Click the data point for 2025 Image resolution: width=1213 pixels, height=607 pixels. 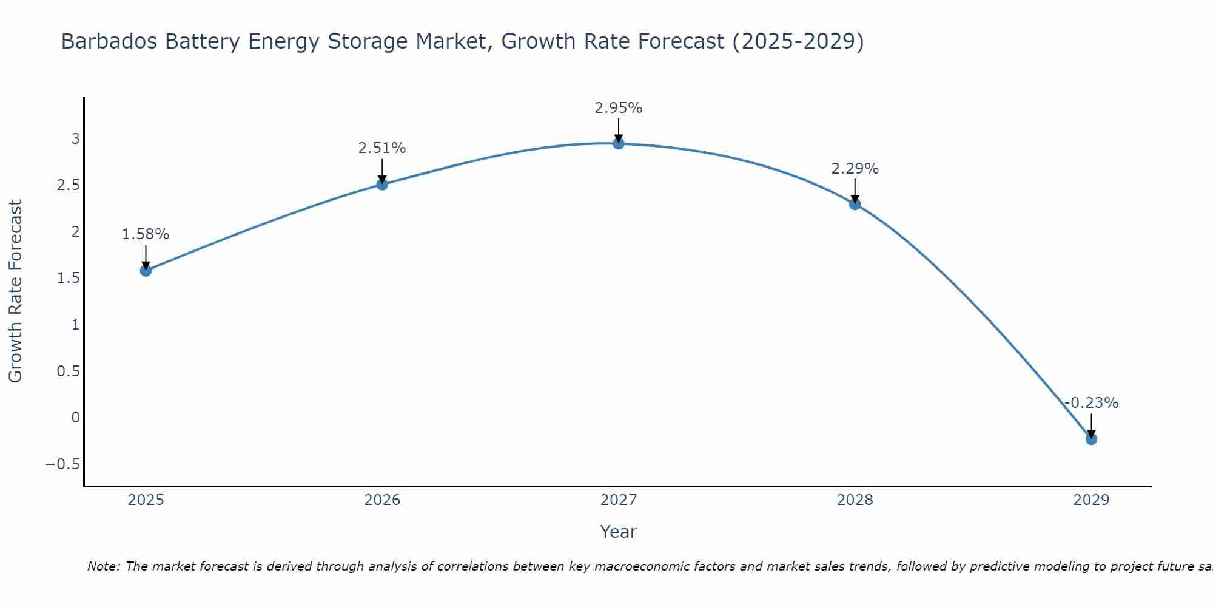[146, 270]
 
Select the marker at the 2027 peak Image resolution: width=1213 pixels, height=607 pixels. [618, 143]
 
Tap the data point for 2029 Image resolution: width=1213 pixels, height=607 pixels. [1091, 439]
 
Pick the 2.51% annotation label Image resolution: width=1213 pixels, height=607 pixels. [381, 148]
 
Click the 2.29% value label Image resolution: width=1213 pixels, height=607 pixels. [855, 169]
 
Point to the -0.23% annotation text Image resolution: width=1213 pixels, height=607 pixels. [1091, 403]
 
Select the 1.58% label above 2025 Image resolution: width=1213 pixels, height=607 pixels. [146, 234]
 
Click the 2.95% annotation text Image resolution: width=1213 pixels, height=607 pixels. [618, 108]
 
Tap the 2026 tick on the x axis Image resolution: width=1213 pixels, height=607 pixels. [382, 500]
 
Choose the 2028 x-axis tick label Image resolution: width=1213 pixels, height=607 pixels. [855, 500]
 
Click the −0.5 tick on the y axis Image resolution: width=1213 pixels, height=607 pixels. [62, 464]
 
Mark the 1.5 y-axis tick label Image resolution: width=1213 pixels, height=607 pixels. [68, 278]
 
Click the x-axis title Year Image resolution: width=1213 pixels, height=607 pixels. [618, 532]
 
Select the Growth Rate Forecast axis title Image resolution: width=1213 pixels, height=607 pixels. [15, 291]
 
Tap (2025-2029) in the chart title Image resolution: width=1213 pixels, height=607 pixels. [798, 41]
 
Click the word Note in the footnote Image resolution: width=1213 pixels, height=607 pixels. [104, 566]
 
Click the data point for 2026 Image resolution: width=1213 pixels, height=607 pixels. [382, 184]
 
